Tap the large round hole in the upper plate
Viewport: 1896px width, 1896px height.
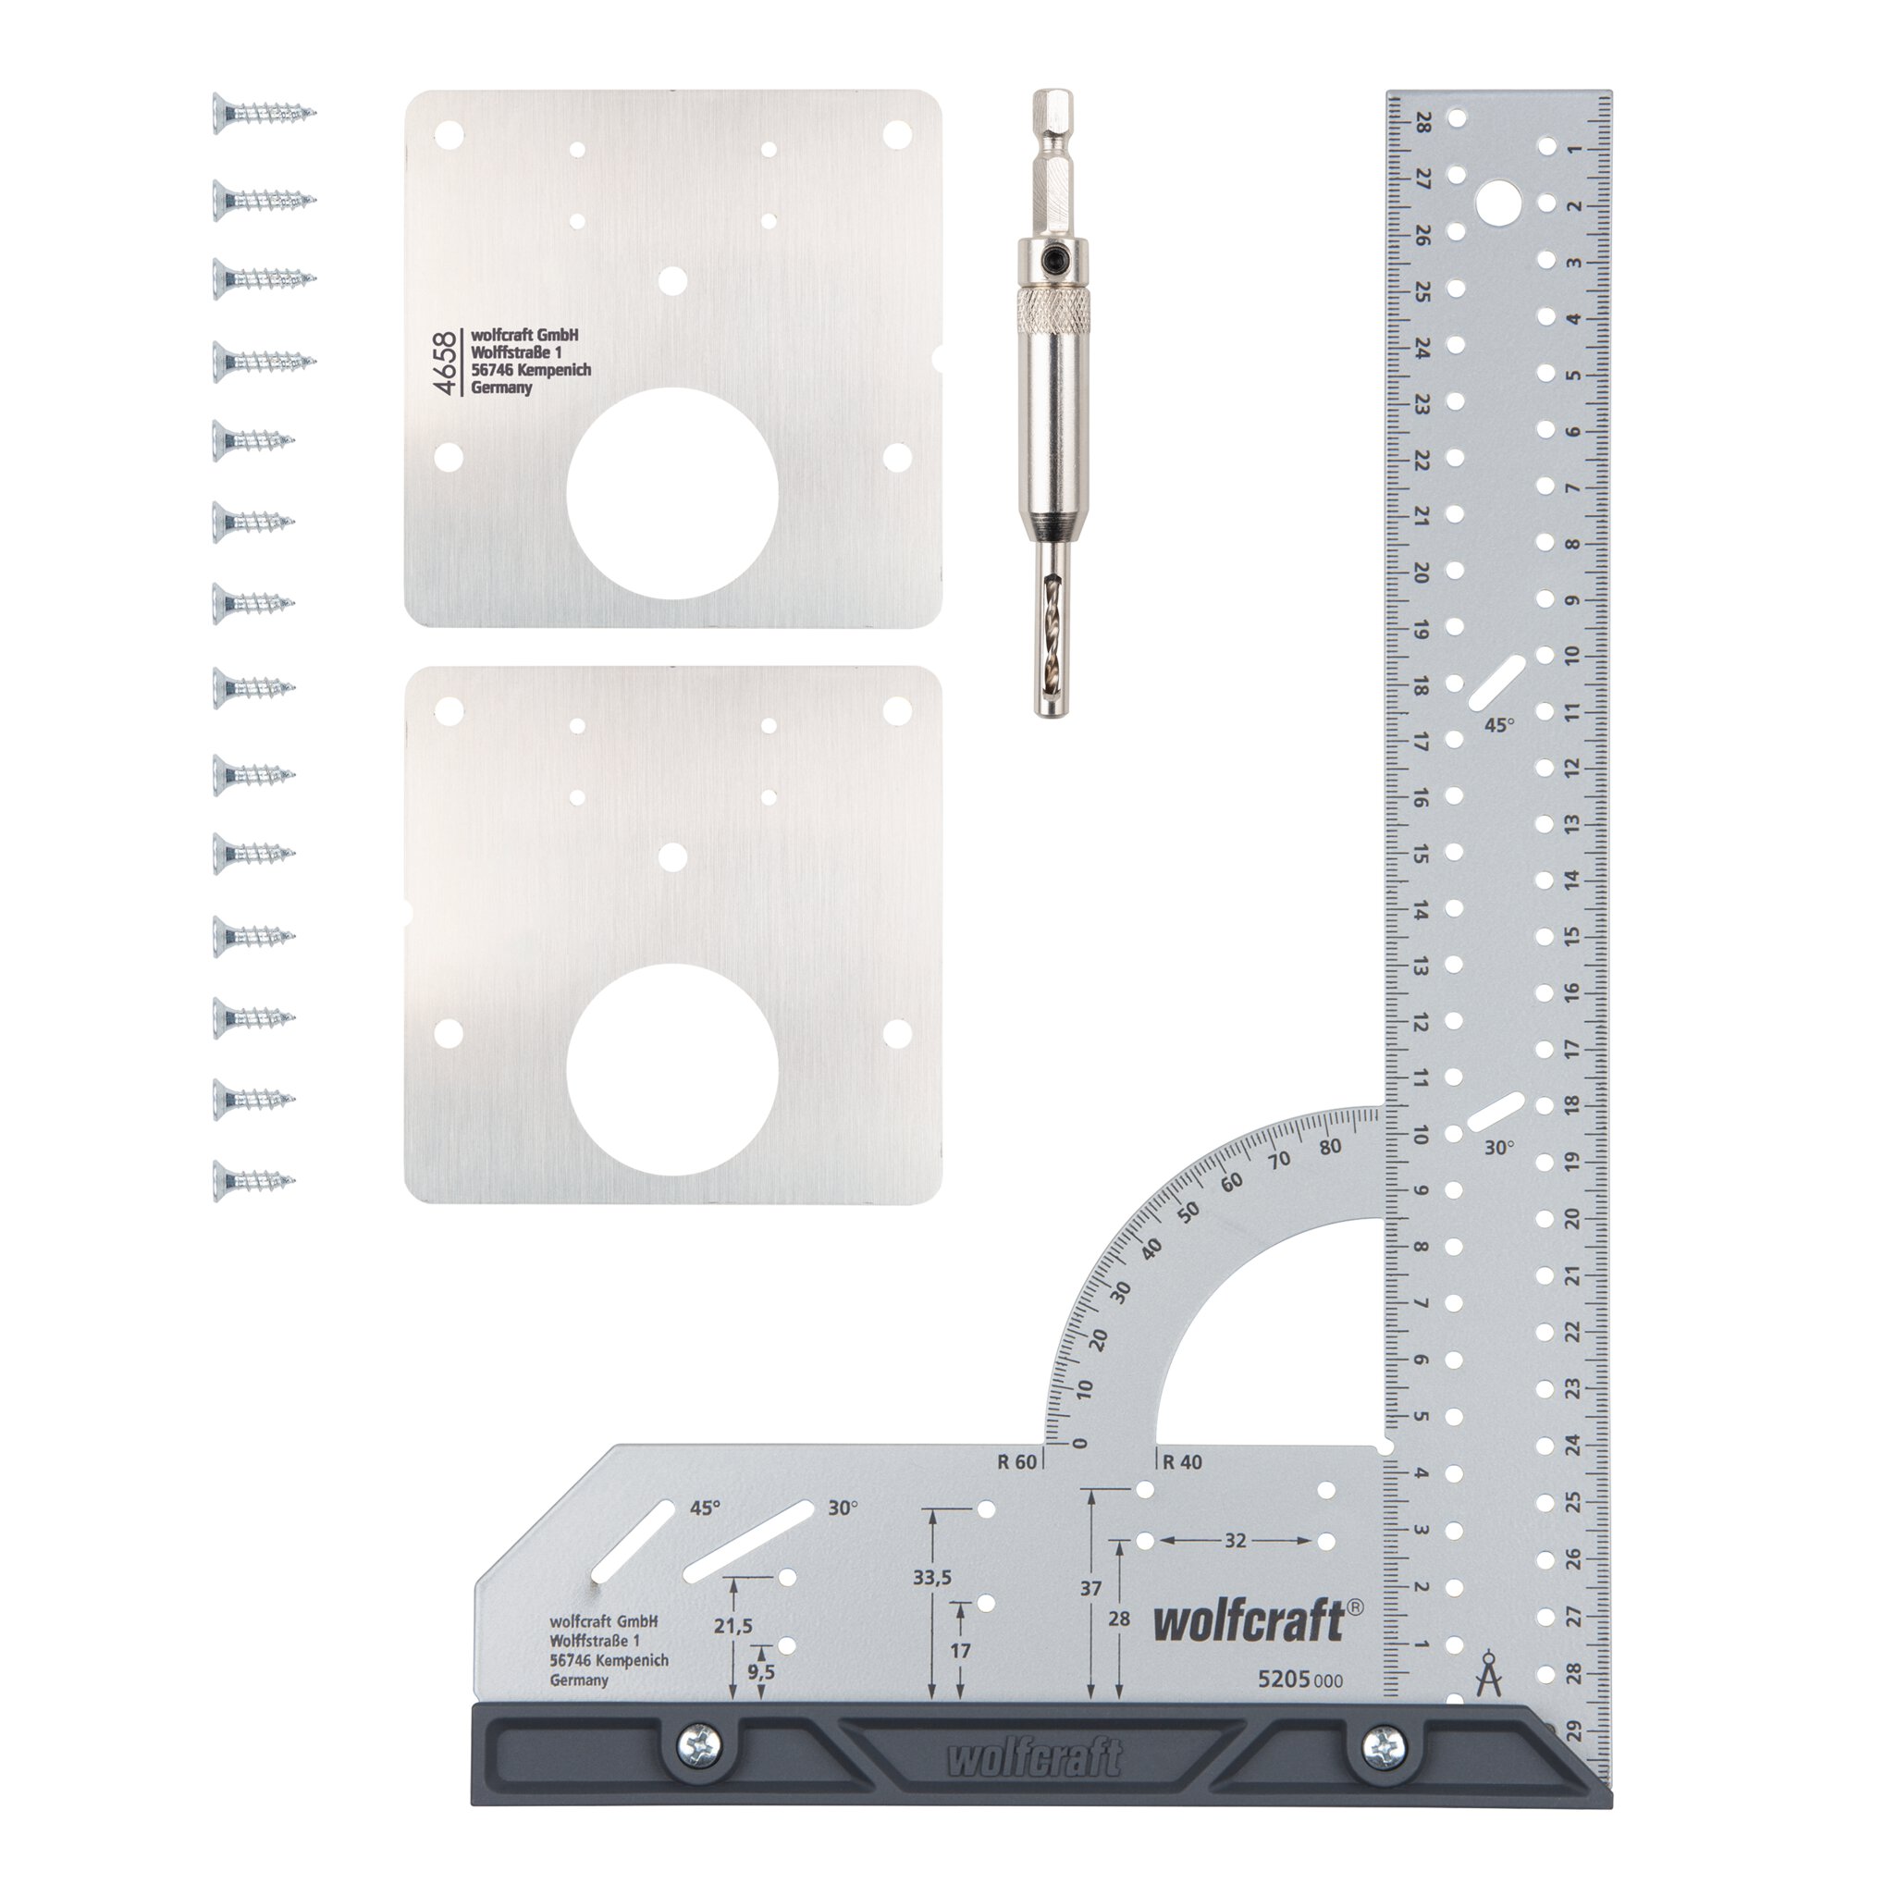(672, 494)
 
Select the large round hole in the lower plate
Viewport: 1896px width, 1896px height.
(672, 1070)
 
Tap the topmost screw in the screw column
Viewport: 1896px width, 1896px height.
(264, 113)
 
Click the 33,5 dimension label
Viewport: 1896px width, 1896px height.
(931, 1577)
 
